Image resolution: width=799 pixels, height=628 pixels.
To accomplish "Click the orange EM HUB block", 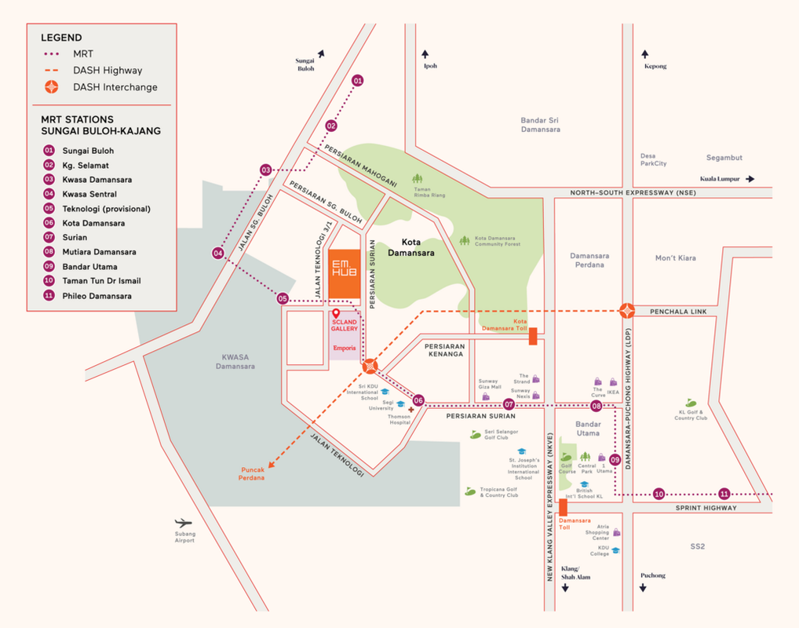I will [344, 275].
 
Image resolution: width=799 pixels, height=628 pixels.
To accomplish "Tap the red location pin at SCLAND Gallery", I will [336, 314].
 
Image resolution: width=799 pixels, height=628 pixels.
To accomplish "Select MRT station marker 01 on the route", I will [358, 81].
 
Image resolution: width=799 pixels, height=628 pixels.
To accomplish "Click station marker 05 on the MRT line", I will [283, 298].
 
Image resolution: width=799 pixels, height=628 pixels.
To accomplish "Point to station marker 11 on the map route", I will [724, 494].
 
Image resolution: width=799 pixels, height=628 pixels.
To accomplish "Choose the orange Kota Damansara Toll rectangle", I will [533, 336].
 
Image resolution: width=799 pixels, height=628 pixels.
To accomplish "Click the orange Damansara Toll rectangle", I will [563, 506].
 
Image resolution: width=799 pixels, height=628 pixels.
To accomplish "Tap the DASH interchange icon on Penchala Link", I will [626, 311].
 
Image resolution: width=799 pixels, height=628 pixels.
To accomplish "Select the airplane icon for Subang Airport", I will [184, 523].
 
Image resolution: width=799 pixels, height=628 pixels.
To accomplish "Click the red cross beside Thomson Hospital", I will [410, 410].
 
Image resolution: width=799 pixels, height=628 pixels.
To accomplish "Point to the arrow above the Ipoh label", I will [425, 54].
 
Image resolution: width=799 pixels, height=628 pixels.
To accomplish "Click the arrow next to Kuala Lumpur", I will [750, 179].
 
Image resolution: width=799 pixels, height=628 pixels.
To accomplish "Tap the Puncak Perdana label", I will [252, 473].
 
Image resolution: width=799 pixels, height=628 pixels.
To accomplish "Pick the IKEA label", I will [612, 392].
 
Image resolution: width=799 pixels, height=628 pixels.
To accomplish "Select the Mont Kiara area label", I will [675, 257].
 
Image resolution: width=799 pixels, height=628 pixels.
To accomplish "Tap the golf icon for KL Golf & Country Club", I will [691, 403].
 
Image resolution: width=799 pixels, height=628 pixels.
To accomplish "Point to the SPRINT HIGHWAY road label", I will [706, 508].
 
